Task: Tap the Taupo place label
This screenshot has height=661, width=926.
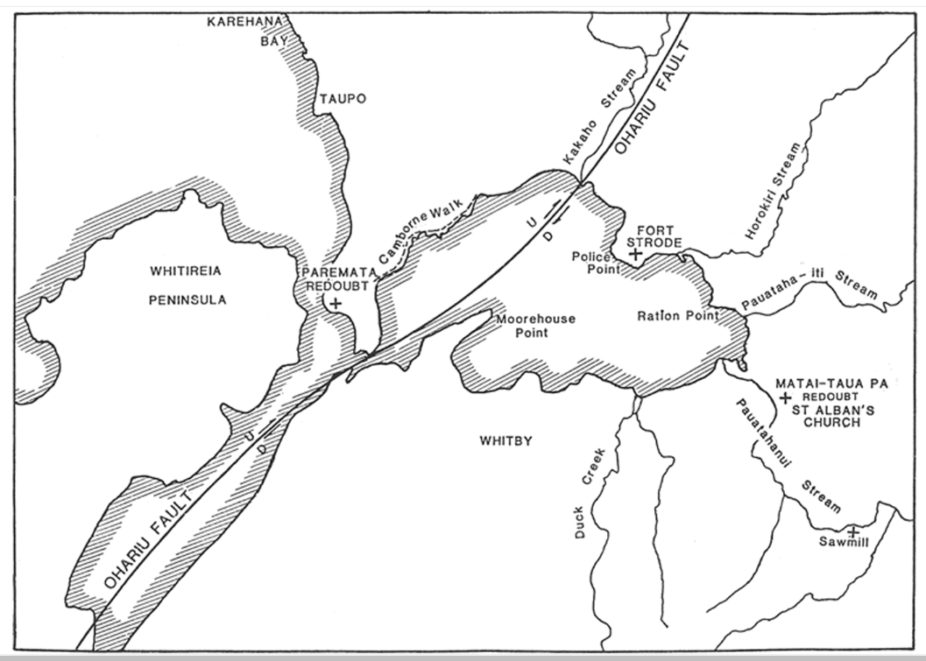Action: pyautogui.click(x=342, y=99)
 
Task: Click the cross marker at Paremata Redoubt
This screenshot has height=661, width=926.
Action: pyautogui.click(x=333, y=301)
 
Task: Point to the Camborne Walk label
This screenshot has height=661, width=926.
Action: pyautogui.click(x=410, y=237)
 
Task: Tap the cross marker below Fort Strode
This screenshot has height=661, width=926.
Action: pyautogui.click(x=636, y=254)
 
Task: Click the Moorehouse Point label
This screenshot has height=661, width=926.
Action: pyautogui.click(x=535, y=326)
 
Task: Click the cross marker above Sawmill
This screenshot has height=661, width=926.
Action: pyautogui.click(x=852, y=531)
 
